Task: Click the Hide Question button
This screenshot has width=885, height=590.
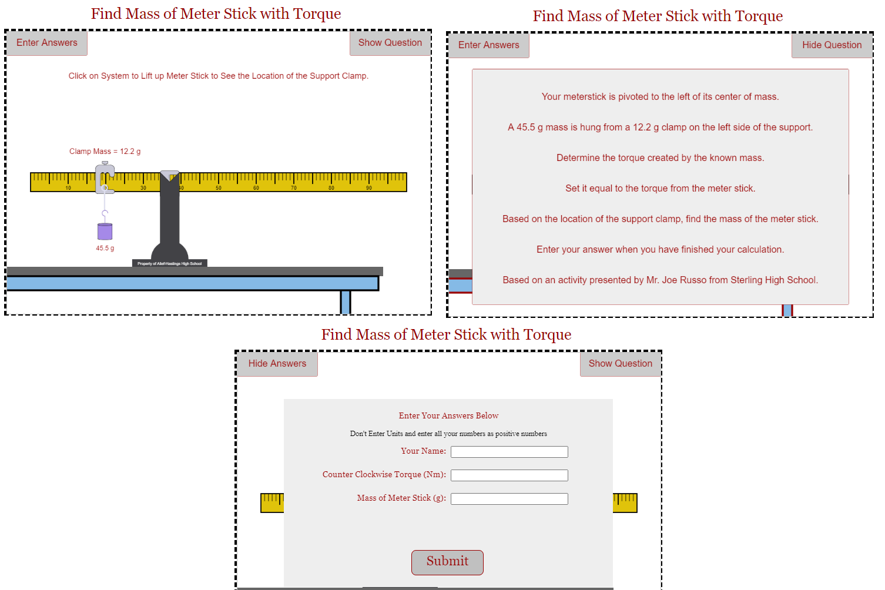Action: click(832, 45)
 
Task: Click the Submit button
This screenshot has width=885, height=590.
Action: click(447, 562)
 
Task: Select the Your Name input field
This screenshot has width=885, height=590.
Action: click(509, 451)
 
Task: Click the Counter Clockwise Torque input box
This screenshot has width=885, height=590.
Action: click(509, 475)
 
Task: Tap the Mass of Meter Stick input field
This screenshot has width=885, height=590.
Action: click(509, 498)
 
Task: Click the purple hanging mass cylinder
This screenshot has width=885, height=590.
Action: click(105, 232)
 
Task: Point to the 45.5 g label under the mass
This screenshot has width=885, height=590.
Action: click(105, 248)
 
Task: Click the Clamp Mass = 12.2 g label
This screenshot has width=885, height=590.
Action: click(105, 151)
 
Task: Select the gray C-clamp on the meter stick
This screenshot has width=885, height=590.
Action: click(104, 178)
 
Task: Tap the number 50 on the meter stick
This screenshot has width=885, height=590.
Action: click(219, 188)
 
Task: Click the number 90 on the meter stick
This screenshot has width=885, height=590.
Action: click(369, 188)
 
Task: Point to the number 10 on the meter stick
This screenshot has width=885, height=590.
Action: click(68, 188)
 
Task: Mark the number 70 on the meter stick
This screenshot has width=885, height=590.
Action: click(294, 188)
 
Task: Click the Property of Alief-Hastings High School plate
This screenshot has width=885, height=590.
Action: click(169, 263)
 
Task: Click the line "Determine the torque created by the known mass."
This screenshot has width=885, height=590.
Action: click(660, 157)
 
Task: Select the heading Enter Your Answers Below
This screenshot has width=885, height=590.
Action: click(448, 415)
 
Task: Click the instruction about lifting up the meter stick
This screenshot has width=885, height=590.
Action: click(218, 76)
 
